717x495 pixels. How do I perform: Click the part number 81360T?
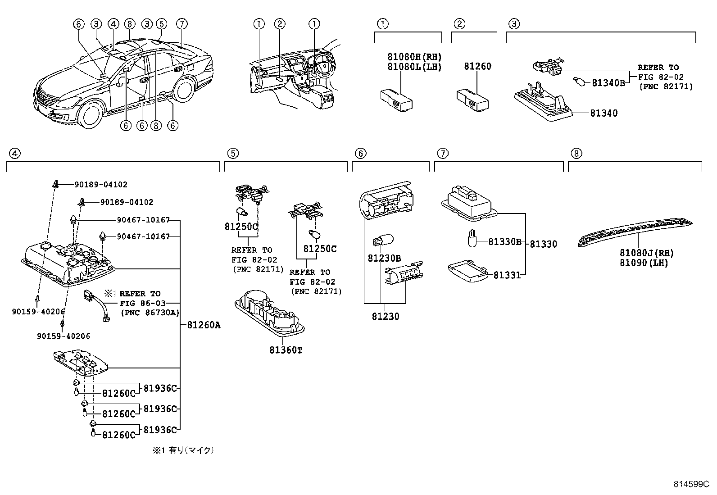click(286, 350)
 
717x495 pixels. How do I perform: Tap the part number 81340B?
click(608, 83)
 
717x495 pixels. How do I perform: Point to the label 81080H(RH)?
click(414, 57)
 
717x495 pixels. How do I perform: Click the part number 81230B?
click(384, 258)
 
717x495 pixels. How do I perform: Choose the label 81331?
click(507, 275)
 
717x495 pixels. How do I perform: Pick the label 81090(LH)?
click(644, 263)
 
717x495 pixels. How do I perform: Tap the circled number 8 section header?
click(576, 154)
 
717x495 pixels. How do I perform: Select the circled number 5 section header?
click(232, 154)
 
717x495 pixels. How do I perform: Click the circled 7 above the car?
click(182, 24)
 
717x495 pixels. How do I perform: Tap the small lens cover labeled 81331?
click(468, 272)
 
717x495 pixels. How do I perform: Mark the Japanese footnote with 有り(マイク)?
click(183, 450)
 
